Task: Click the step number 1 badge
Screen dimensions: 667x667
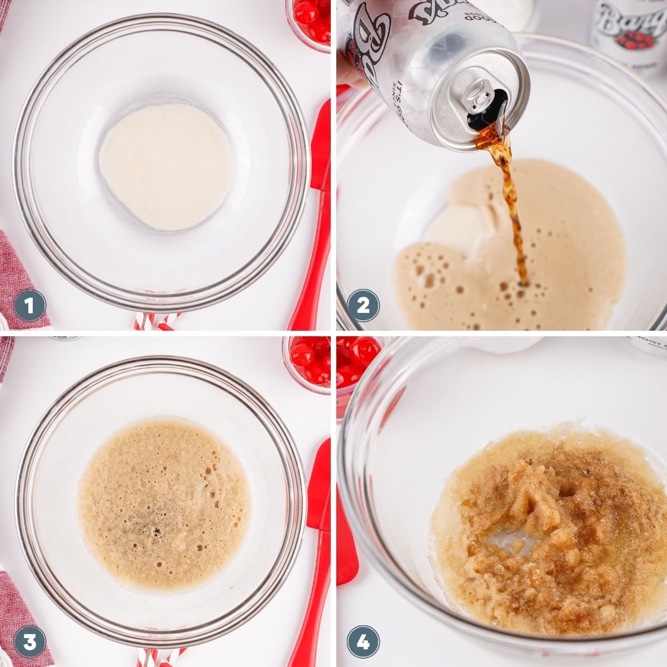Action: pyautogui.click(x=29, y=305)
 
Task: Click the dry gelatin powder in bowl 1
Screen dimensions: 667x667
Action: pyautogui.click(x=166, y=165)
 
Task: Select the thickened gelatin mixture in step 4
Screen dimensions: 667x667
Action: pyautogui.click(x=550, y=534)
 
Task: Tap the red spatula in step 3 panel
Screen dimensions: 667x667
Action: pyautogui.click(x=314, y=556)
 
